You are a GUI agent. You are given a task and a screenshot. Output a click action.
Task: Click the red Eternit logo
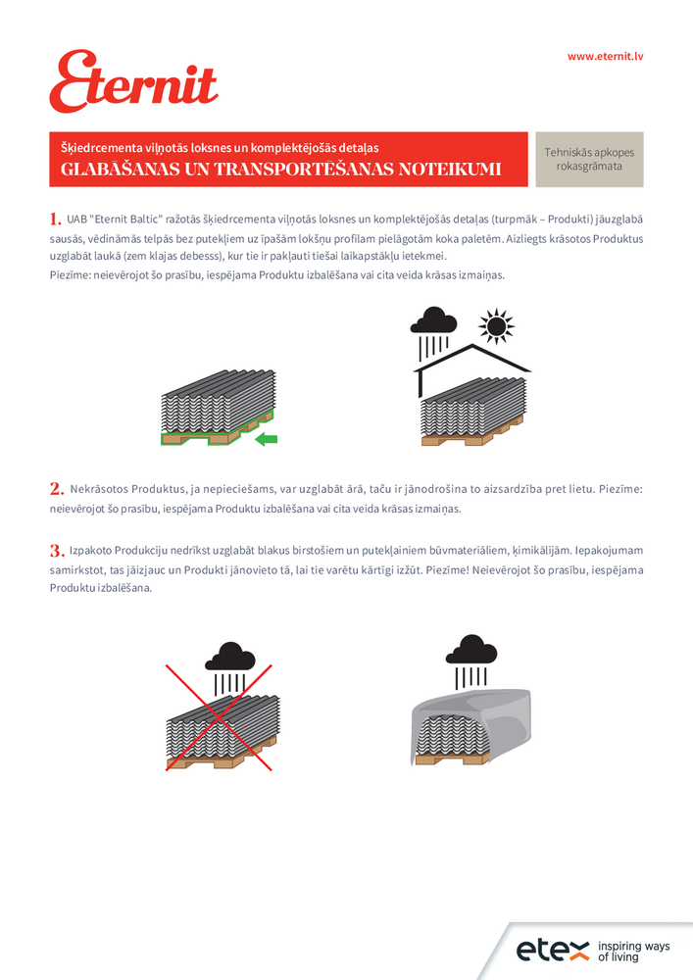point(133,82)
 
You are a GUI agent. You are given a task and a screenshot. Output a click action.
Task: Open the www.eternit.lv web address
point(605,56)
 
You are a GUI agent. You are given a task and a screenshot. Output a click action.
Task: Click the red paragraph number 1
point(55,217)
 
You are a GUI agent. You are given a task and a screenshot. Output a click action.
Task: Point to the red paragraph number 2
point(56,488)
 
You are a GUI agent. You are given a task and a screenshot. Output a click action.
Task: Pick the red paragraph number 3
point(56,550)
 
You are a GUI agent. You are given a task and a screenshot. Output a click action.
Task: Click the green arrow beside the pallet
point(266,440)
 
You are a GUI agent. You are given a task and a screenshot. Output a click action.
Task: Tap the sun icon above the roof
point(497,326)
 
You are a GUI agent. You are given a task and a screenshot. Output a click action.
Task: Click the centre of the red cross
point(220,718)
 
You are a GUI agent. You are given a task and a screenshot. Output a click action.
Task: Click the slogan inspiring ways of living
point(633,951)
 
